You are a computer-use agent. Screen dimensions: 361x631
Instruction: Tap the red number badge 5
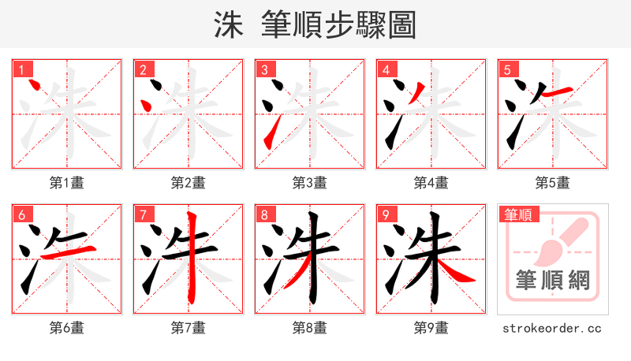tap(507, 69)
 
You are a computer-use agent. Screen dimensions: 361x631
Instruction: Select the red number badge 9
tap(386, 215)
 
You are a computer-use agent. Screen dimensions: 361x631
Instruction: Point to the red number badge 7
tap(143, 215)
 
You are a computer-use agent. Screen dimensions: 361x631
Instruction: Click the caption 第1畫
tap(67, 183)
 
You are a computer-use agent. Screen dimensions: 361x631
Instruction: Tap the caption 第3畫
tap(310, 183)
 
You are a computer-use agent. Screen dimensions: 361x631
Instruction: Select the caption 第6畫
tap(67, 328)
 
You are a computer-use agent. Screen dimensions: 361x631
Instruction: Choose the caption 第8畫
tap(310, 328)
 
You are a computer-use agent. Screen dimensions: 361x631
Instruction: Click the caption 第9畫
tap(431, 328)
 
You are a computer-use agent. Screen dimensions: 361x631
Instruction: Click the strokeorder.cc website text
tap(552, 328)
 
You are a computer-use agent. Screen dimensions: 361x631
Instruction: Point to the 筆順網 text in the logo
tap(553, 279)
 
